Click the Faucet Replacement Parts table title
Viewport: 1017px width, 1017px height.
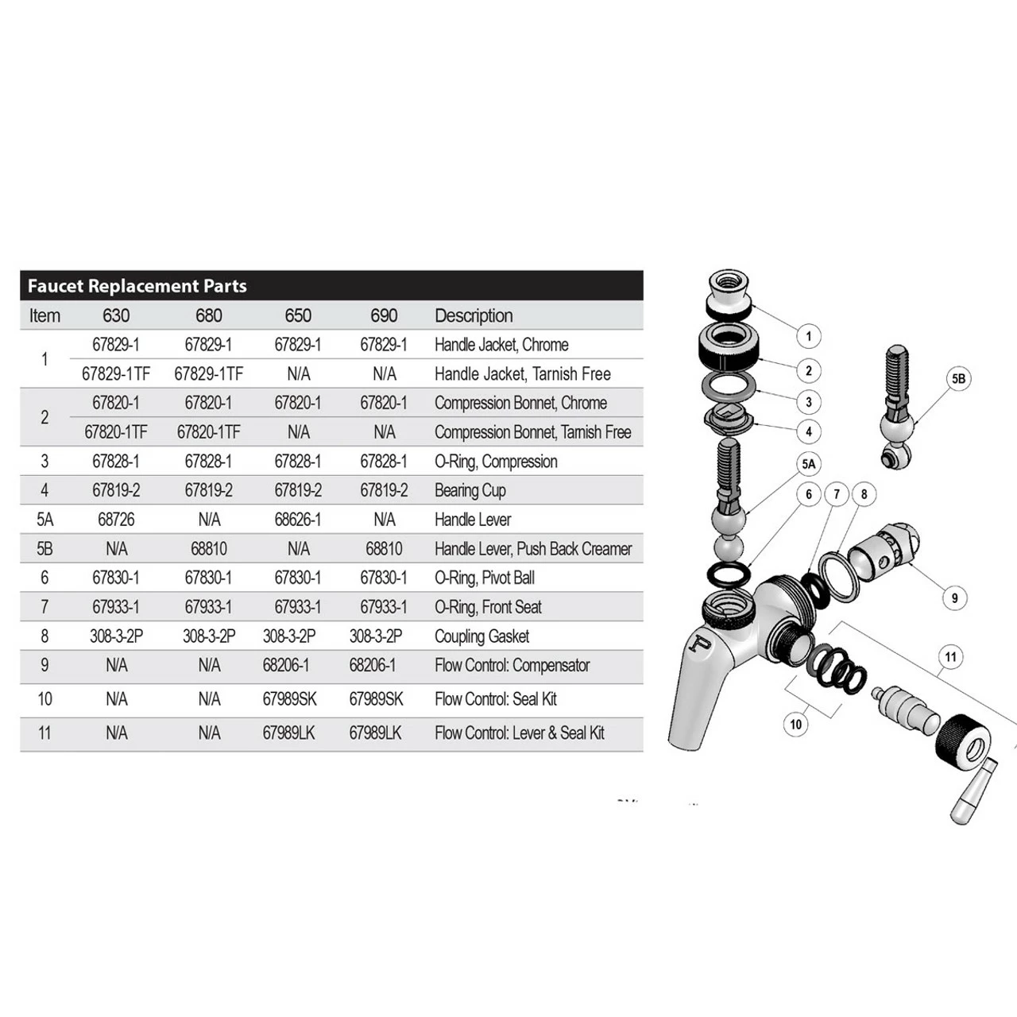pos(137,286)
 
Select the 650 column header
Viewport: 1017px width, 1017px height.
pos(298,315)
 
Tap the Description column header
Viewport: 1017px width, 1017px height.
pos(474,315)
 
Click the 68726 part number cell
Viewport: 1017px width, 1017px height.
pos(116,520)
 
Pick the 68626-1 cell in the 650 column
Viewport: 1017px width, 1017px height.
pos(298,520)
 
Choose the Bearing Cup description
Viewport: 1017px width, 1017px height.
pos(470,490)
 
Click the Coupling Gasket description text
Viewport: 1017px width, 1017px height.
pos(481,636)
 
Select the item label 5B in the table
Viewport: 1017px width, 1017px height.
pos(44,549)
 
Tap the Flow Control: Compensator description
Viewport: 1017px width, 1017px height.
pos(512,665)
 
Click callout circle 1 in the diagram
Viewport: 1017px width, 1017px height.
pos(809,336)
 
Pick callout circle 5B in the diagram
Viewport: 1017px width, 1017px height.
pos(959,379)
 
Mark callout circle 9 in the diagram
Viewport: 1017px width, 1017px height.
pos(954,598)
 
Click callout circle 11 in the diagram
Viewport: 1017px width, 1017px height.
pos(951,657)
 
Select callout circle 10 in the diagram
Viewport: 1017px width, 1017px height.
pos(796,724)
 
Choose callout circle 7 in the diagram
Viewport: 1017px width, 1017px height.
pos(837,494)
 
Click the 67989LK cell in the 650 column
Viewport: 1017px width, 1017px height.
pos(288,733)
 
